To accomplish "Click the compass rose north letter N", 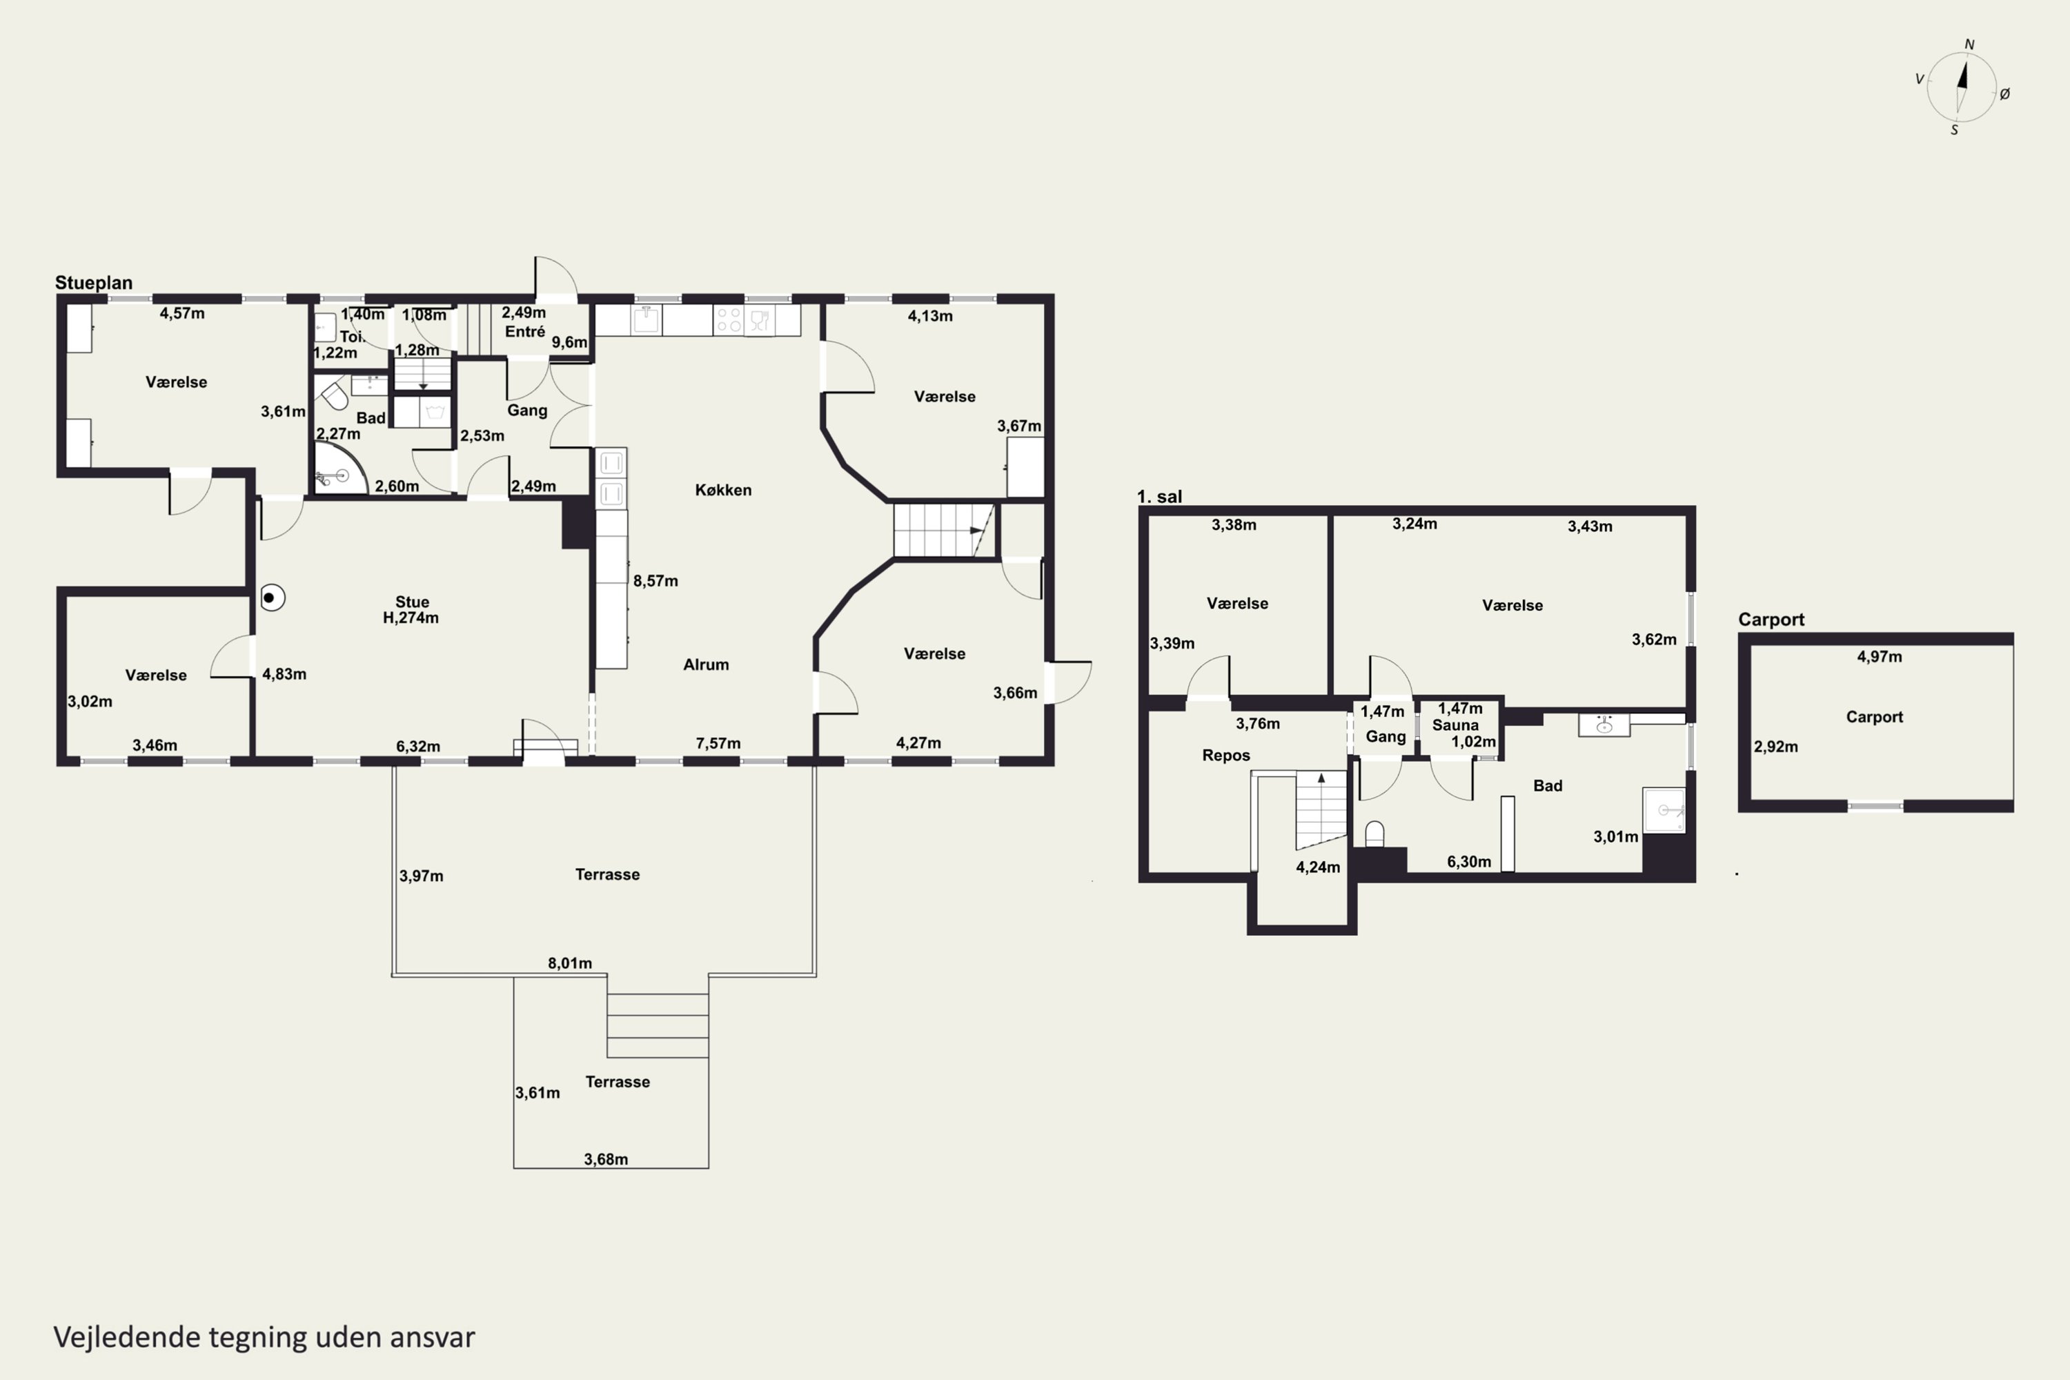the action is coord(1970,45).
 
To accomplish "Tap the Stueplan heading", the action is coord(94,282).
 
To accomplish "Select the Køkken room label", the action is coord(723,490).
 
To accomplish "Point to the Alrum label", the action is coord(706,664).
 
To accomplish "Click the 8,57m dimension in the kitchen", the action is coord(655,581).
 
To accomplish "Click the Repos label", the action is coord(1226,755).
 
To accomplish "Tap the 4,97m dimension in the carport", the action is coord(1879,657).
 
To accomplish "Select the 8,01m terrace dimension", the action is coord(571,963).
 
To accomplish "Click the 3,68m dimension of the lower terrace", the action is coord(607,1159).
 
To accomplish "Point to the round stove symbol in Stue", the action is coord(273,598).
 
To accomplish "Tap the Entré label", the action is coord(524,332).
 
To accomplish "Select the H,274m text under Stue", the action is coord(411,618).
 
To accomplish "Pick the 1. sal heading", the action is coord(1159,496).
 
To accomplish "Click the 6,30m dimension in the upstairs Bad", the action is coord(1469,862).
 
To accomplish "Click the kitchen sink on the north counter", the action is coord(647,319).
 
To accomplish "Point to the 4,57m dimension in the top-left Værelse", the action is coord(182,313).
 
